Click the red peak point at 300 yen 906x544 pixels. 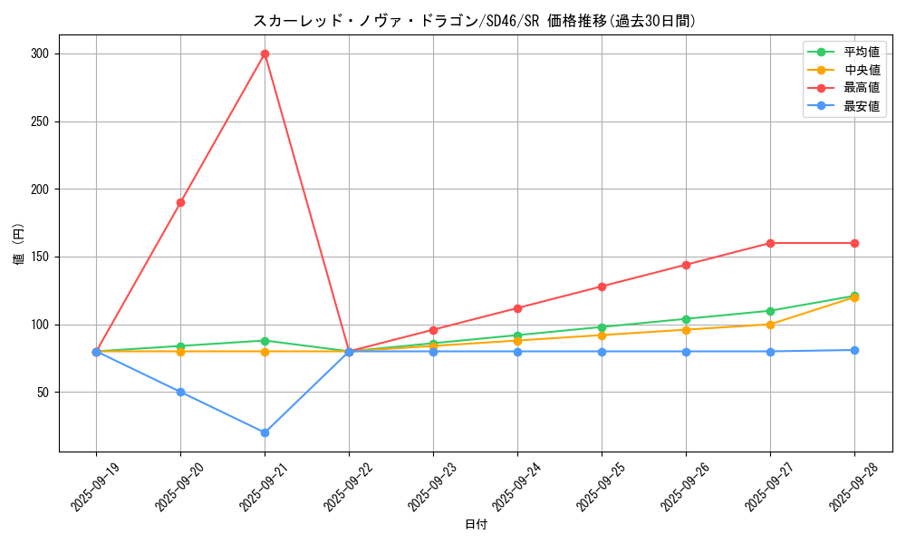click(265, 53)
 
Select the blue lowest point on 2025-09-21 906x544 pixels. click(265, 432)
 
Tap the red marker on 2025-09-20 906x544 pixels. click(180, 202)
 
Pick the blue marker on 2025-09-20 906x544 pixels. click(180, 392)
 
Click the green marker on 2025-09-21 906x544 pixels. click(265, 341)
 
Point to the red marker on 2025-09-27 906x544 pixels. click(770, 243)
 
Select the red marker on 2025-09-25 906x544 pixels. click(602, 287)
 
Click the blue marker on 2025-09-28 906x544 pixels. click(854, 350)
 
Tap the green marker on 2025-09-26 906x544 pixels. click(686, 319)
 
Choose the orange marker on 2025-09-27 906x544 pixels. click(770, 325)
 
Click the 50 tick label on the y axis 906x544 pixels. click(43, 393)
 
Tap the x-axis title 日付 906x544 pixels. click(476, 525)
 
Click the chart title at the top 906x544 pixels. click(476, 21)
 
